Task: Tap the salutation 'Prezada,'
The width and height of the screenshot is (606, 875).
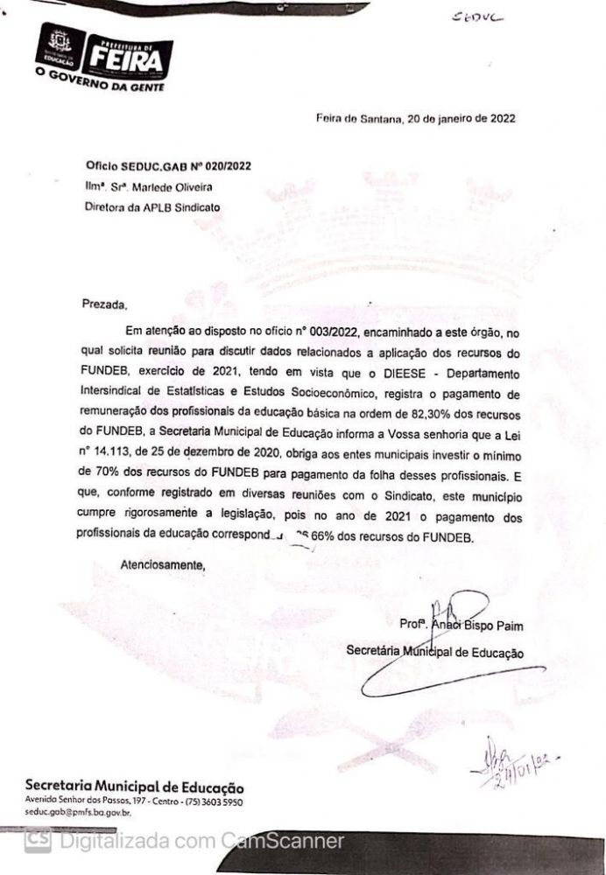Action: pos(104,305)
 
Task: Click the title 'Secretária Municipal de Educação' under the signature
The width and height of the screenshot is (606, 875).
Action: pos(435,651)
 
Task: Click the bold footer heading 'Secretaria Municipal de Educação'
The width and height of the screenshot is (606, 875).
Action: pos(135,786)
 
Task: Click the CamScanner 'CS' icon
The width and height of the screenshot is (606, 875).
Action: pos(37,842)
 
